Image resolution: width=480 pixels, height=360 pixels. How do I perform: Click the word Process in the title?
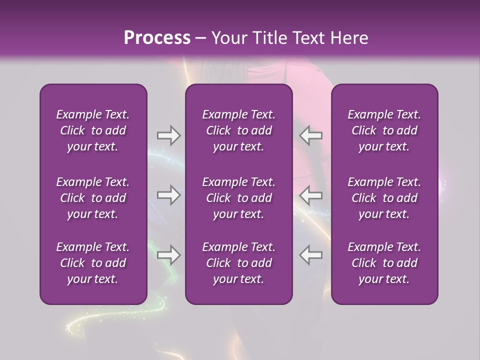(157, 38)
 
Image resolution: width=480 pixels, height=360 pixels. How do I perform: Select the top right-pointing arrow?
(168, 135)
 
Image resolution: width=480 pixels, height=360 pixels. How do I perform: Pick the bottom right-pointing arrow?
(168, 255)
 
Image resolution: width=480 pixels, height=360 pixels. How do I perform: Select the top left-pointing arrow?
(311, 135)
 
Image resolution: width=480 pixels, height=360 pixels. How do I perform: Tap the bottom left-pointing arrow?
(311, 255)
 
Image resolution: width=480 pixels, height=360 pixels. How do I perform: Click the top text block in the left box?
(93, 130)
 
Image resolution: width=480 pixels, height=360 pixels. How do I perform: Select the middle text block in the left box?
(93, 197)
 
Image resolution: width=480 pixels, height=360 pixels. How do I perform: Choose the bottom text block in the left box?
(93, 263)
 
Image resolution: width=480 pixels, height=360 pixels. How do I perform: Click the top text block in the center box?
(239, 130)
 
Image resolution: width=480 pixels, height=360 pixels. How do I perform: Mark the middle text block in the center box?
(239, 197)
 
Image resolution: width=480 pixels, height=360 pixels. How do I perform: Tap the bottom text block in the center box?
(239, 263)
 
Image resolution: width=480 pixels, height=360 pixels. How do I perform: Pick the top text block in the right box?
(384, 130)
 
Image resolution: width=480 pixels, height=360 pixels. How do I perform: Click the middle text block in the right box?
(384, 197)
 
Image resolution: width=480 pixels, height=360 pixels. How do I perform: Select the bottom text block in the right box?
(384, 263)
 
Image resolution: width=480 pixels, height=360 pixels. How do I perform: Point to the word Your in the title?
(227, 38)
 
